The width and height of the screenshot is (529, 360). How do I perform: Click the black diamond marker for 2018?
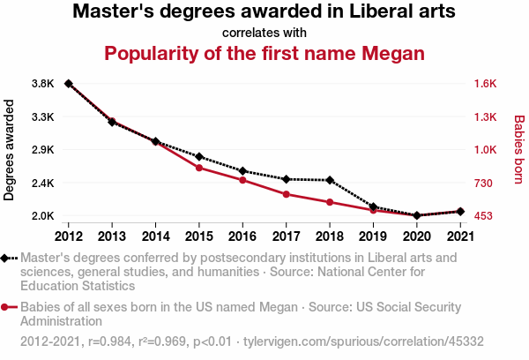tap(329, 180)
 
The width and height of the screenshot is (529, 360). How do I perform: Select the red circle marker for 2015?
tap(199, 168)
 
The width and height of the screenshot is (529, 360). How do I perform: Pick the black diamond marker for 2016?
tap(242, 170)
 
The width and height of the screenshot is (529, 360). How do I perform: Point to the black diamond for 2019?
tap(373, 206)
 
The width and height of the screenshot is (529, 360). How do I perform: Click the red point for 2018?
tap(329, 202)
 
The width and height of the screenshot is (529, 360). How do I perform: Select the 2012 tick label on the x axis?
tap(69, 236)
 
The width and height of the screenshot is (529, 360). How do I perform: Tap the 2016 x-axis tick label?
tap(242, 236)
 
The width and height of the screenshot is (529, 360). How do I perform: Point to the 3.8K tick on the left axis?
tap(43, 84)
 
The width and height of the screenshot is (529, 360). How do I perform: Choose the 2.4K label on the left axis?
tap(43, 183)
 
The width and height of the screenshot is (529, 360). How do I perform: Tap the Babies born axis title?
tap(518, 150)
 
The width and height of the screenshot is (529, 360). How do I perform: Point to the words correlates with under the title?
tap(264, 33)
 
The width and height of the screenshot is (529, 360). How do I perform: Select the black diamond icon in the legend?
tap(9, 259)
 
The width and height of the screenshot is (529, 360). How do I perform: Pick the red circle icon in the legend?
tap(9, 307)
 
